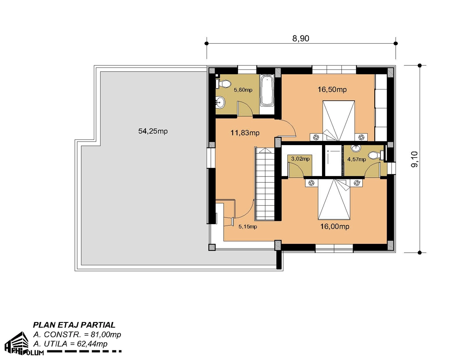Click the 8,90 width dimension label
click(301, 38)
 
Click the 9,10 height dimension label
click(415, 159)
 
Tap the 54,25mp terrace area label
click(153, 131)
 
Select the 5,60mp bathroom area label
click(243, 90)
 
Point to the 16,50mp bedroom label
click(332, 89)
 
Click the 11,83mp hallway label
click(245, 133)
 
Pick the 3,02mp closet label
click(300, 159)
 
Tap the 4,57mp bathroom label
click(356, 159)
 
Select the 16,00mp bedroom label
click(335, 226)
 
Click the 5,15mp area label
click(248, 226)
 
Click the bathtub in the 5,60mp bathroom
click(267, 91)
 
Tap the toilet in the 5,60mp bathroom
click(224, 84)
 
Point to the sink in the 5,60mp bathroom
click(220, 103)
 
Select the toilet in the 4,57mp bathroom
click(376, 156)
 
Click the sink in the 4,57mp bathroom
click(356, 148)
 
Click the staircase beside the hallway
click(265, 183)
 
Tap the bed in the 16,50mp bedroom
click(339, 121)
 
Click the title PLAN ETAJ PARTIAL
click(74, 325)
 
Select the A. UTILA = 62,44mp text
click(71, 344)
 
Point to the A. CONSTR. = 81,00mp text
click(77, 334)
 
